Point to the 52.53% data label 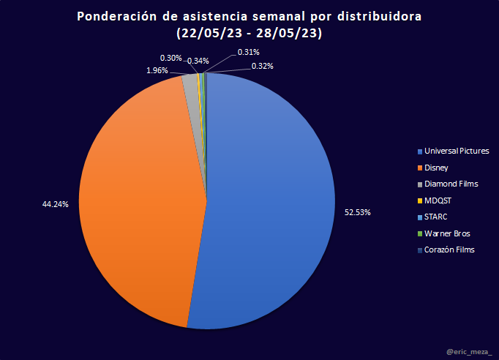pos(358,212)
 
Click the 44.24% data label pos(56,204)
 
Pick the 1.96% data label pos(157,70)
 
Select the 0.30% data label pos(171,57)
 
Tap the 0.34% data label pos(198,61)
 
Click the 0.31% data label pos(249,52)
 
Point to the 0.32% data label pos(263,66)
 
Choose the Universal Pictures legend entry pos(456,151)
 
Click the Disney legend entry pos(436,168)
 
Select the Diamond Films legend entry pos(451,184)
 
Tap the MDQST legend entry pos(437,200)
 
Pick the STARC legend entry pos(436,217)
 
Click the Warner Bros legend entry pos(447,233)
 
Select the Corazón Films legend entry pos(449,250)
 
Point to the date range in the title pos(249,33)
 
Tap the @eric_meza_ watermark pos(469,352)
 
